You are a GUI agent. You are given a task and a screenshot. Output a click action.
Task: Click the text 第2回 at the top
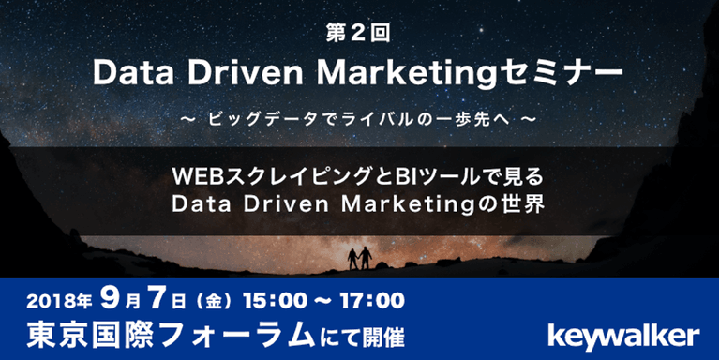tap(359, 33)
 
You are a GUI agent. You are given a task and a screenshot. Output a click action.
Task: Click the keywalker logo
tap(622, 334)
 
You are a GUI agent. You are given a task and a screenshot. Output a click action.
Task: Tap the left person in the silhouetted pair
tap(353, 255)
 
